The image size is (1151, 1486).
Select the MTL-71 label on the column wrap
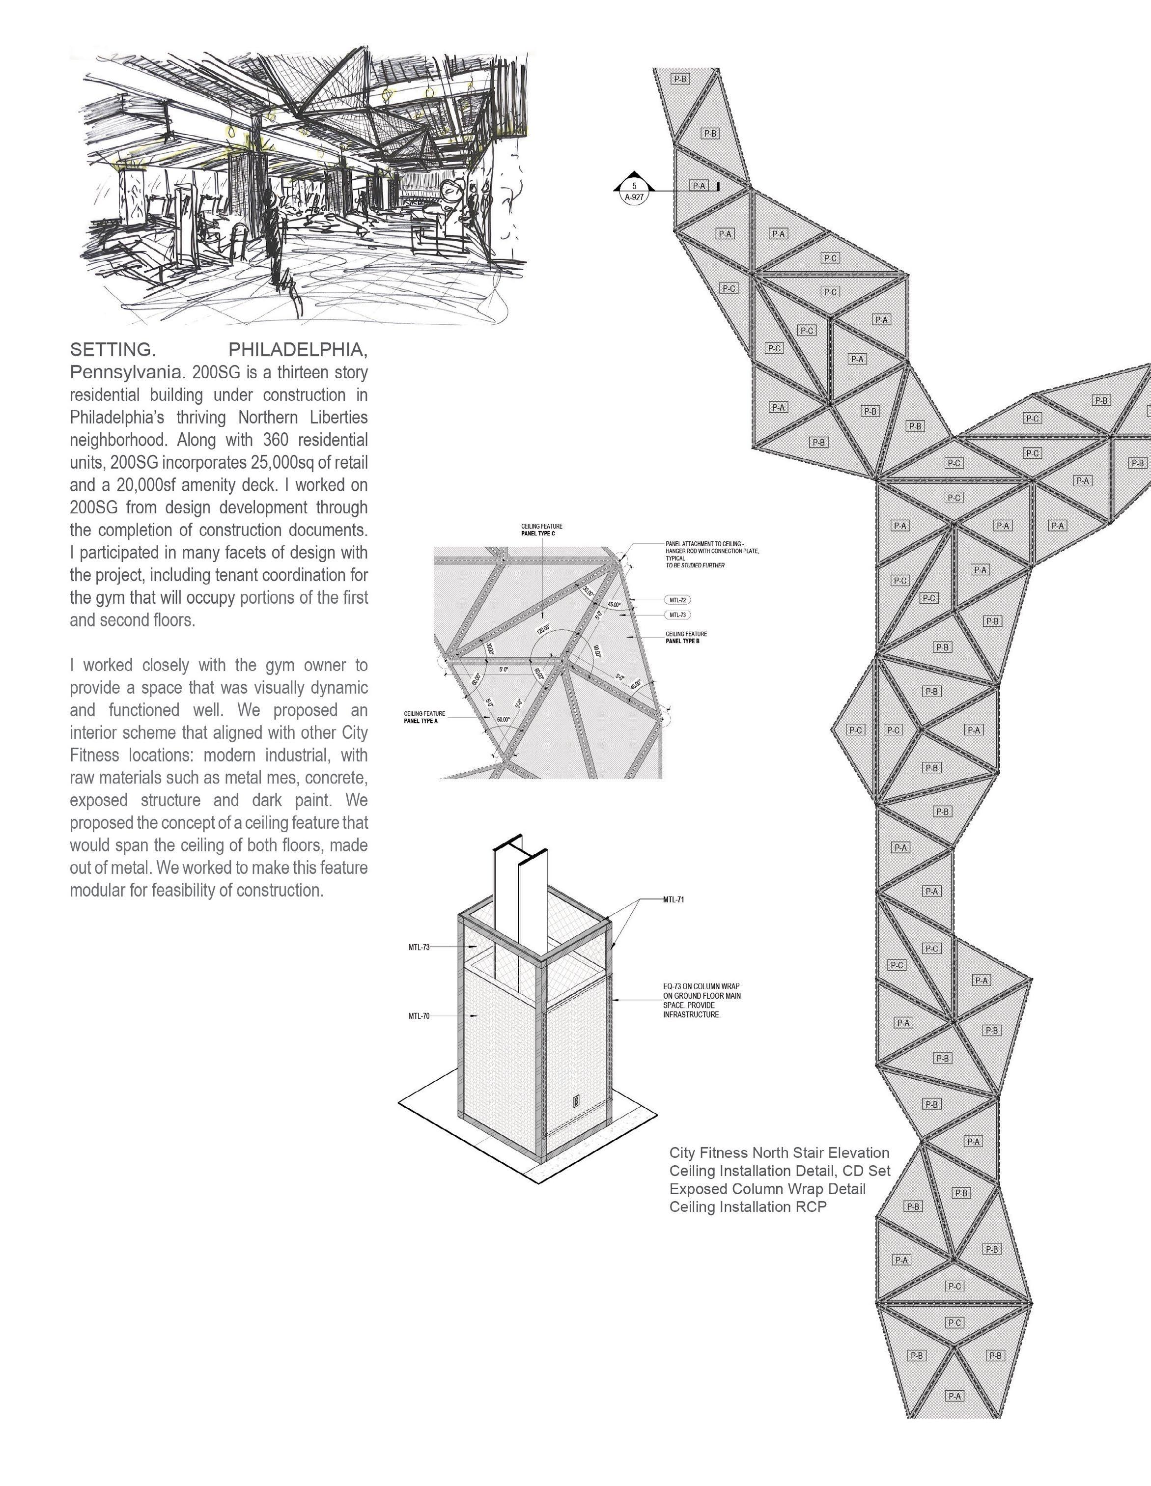(x=674, y=899)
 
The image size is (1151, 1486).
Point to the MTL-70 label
(x=419, y=1016)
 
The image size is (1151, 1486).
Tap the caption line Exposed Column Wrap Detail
(x=767, y=1189)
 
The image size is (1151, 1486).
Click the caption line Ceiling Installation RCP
(x=748, y=1207)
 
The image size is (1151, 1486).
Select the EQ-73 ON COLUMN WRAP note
(x=702, y=986)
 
